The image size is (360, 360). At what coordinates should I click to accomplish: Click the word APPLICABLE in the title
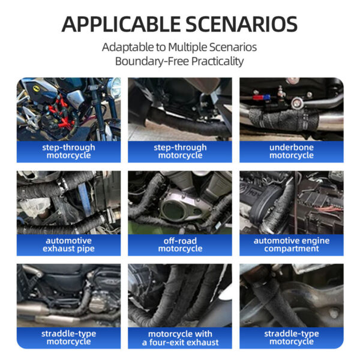[x=121, y=25]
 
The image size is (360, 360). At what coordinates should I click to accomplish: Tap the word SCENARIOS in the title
[x=241, y=25]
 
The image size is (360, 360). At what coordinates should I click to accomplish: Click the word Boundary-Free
[x=152, y=61]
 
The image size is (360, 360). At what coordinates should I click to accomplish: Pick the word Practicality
[x=217, y=62]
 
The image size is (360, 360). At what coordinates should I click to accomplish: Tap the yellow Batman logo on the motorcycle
[x=36, y=89]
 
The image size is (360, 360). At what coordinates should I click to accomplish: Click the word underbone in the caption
[x=292, y=148]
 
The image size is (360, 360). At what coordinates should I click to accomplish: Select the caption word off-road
[x=180, y=241]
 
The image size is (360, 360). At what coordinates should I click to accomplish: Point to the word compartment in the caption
[x=292, y=248]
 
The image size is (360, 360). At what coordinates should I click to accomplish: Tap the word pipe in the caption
[x=86, y=249]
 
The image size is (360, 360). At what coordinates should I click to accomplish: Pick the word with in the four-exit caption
[x=203, y=334]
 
